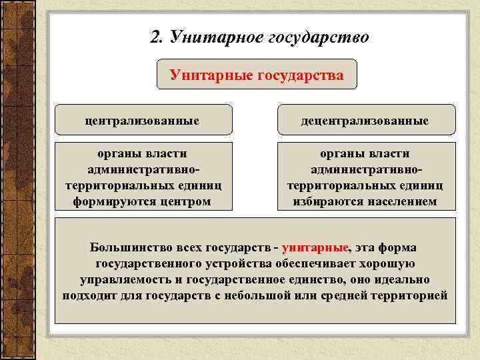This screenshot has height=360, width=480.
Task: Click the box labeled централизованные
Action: click(x=143, y=121)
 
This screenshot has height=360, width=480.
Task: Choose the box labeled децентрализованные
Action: click(x=365, y=121)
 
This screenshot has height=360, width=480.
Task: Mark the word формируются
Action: click(x=113, y=201)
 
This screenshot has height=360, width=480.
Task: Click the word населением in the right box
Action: click(x=401, y=201)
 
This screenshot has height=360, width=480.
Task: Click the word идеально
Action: click(x=403, y=279)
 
